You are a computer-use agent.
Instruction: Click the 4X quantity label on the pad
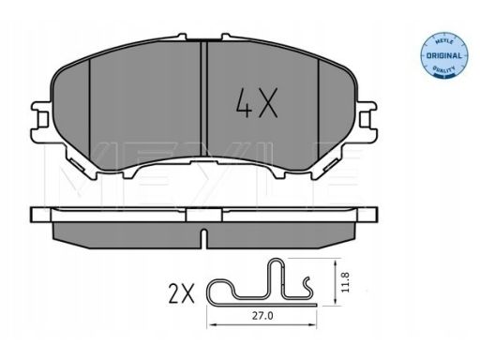coord(257,103)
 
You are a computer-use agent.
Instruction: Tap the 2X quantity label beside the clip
coord(181,293)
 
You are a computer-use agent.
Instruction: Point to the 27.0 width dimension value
coord(262,316)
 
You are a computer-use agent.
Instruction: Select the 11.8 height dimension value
coord(345,282)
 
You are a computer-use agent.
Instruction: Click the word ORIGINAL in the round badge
coord(443,56)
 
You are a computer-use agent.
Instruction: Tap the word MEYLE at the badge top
coord(443,42)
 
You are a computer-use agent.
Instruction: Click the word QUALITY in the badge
coord(443,68)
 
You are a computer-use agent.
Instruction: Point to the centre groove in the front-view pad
coord(204,98)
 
